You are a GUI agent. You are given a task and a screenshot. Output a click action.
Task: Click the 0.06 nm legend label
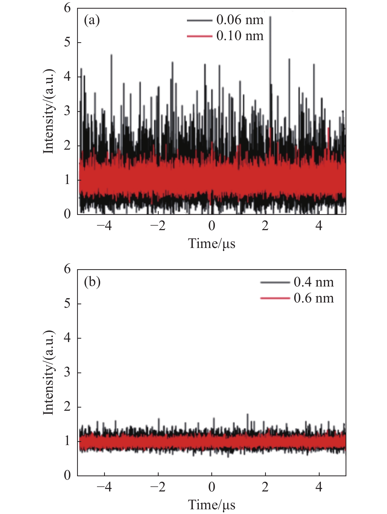pos(240,20)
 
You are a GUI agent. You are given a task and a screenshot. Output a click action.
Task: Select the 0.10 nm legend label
pos(240,36)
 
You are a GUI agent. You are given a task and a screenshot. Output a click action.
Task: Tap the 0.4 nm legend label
pos(314,282)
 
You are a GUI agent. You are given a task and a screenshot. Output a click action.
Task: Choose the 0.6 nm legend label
pos(314,298)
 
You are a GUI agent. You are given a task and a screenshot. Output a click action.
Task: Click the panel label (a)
pos(92,20)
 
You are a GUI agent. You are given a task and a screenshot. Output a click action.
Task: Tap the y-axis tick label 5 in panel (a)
pos(67,42)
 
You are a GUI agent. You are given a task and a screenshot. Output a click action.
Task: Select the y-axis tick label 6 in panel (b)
pos(67,269)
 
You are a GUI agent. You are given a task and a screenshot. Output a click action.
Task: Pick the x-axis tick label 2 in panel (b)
pos(265,487)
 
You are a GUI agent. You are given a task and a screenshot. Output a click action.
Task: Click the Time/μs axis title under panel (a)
pos(212,244)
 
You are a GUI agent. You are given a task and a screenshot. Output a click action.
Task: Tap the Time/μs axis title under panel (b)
pos(212,505)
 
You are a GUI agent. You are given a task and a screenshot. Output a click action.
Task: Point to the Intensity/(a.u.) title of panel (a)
pos(49,111)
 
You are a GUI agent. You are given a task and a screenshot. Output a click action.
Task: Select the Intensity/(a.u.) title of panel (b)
pos(49,373)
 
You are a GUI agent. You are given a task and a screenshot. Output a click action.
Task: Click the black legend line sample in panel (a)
pos(200,20)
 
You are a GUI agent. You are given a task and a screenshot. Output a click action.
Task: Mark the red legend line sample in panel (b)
pos(275,298)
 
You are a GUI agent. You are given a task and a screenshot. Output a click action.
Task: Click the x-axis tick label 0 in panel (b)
pos(212,487)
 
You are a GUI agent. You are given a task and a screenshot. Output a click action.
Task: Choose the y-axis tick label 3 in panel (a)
pos(67,111)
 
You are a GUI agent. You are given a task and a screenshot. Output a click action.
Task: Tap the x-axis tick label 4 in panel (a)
pos(319,226)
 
